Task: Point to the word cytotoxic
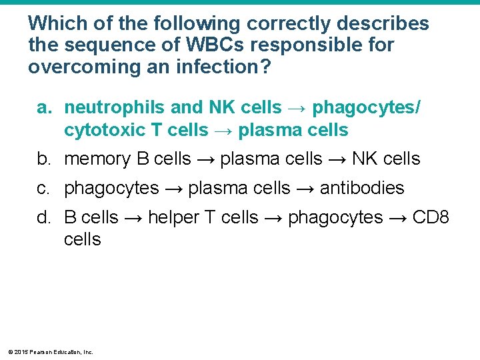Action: coord(103,130)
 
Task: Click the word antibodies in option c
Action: coord(362,189)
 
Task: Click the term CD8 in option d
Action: coord(432,218)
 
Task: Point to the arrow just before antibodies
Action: coord(305,189)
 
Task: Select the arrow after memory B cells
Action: coord(205,159)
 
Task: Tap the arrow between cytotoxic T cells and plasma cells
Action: coord(223,130)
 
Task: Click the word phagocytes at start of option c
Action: coord(111,189)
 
